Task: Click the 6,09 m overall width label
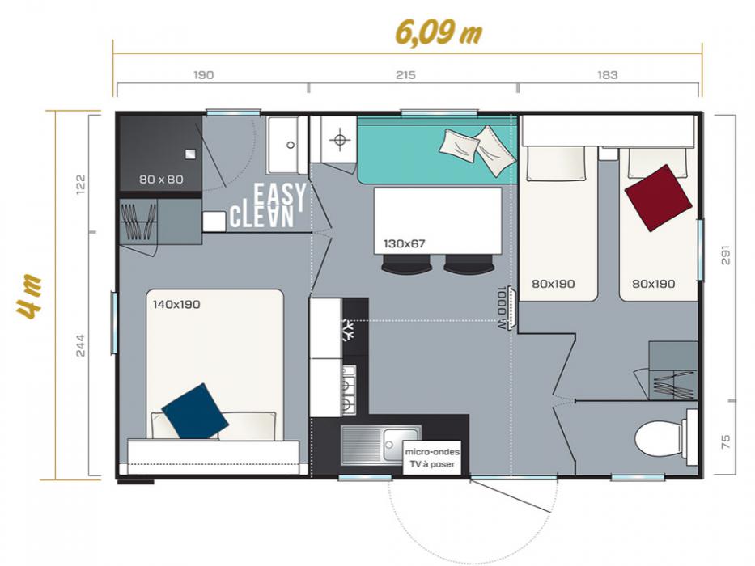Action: coord(438,32)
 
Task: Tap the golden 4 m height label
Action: coord(28,297)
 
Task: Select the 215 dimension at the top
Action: coord(405,75)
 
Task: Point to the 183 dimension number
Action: coord(607,75)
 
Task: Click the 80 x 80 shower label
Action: coord(161,179)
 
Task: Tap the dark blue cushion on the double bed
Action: coord(195,412)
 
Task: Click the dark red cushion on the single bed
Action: coord(658,198)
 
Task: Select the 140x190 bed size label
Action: coord(176,304)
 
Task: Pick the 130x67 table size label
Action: coord(404,243)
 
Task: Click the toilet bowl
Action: coord(659,437)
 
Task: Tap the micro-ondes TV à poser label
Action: coord(432,458)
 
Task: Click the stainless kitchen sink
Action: coord(381,446)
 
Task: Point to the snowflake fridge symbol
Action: coord(348,330)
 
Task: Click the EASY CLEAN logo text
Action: coord(268,205)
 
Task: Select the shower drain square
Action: coord(190,154)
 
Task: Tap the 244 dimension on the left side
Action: coord(80,345)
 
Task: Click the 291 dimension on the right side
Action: coord(725,255)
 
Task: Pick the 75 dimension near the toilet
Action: coord(726,441)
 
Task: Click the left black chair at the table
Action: coord(407,264)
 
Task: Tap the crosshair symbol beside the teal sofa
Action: coord(340,140)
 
